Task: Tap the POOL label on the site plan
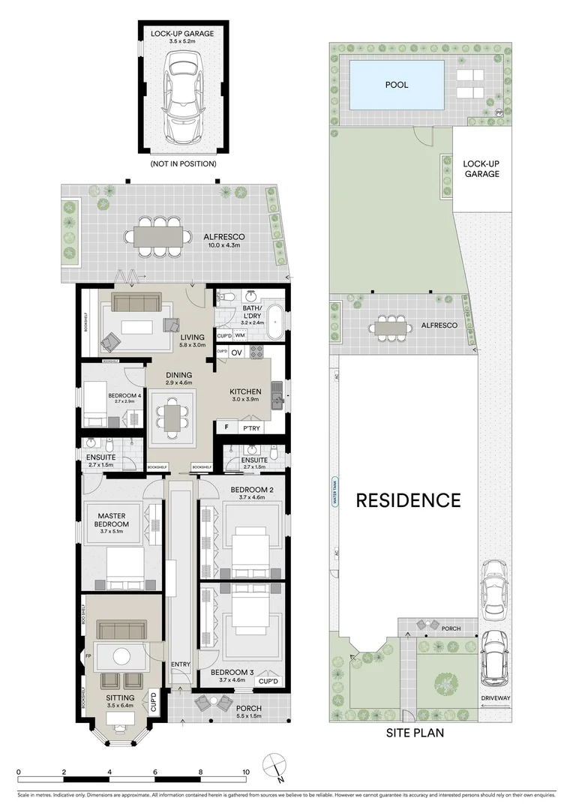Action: click(397, 85)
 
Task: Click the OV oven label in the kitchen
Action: click(235, 352)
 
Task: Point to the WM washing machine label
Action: click(239, 336)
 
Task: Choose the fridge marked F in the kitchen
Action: click(226, 427)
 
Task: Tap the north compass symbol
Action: click(274, 766)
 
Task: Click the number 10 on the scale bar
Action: click(245, 772)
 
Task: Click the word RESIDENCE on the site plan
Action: click(408, 500)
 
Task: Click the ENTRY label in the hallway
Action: click(181, 664)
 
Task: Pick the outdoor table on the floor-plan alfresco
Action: click(158, 237)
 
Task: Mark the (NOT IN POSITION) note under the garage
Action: click(183, 163)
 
